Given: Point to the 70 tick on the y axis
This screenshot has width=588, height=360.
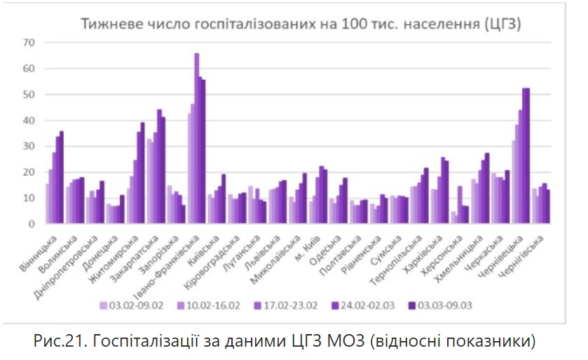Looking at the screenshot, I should point(28,43).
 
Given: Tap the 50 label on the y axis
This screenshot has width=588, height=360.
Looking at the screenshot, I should point(28,95).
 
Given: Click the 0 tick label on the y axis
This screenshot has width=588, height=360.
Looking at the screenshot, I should point(31,224).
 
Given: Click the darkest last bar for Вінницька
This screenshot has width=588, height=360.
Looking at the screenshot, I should point(62,178).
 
